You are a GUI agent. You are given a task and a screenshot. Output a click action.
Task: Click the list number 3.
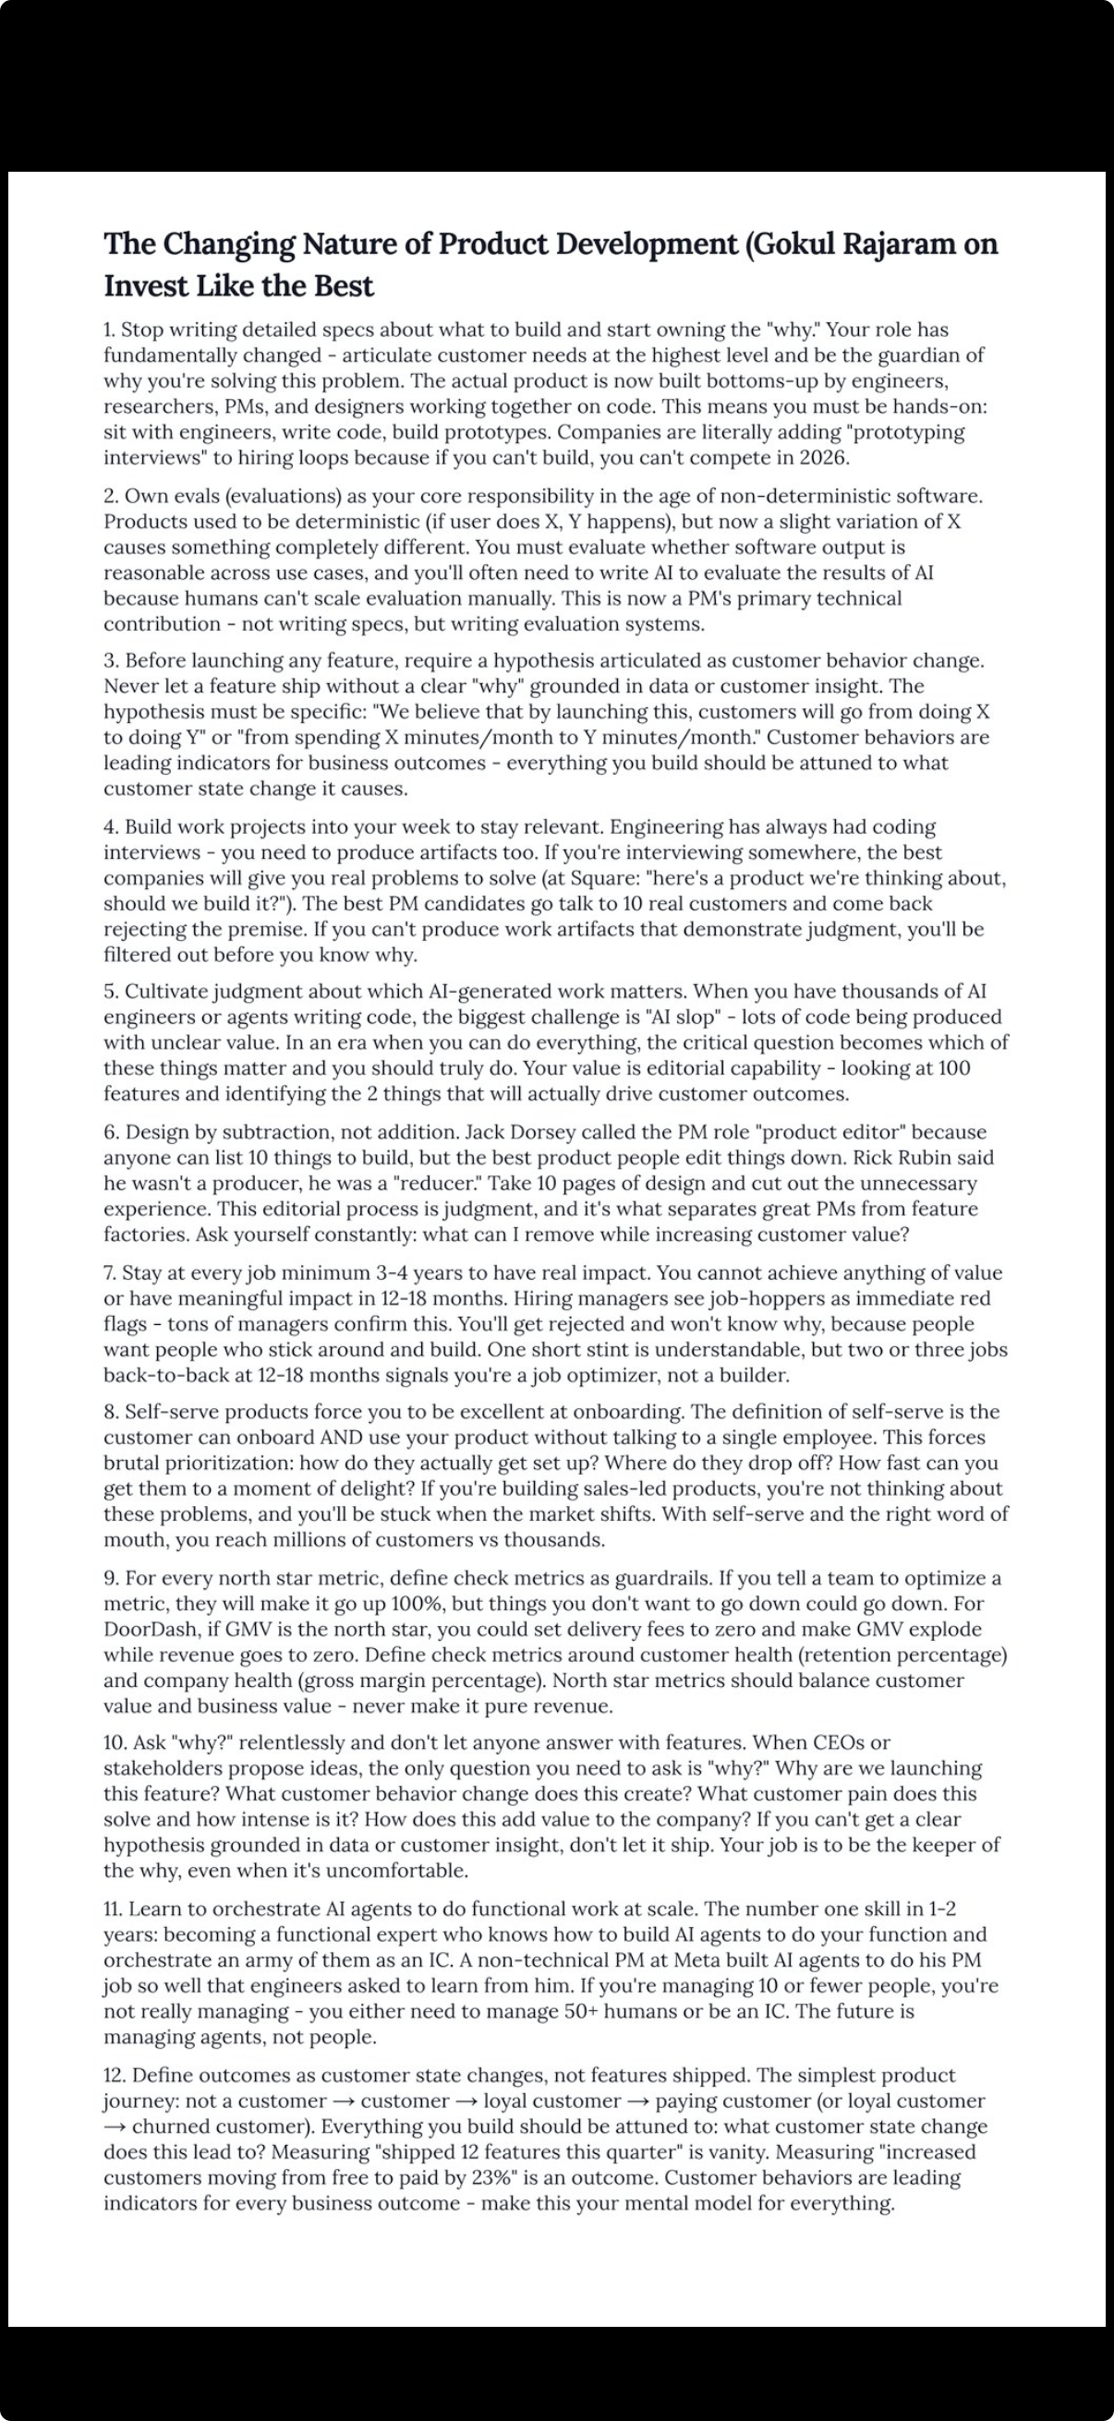[111, 661]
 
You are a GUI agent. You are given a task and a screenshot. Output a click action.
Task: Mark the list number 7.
[110, 1273]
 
